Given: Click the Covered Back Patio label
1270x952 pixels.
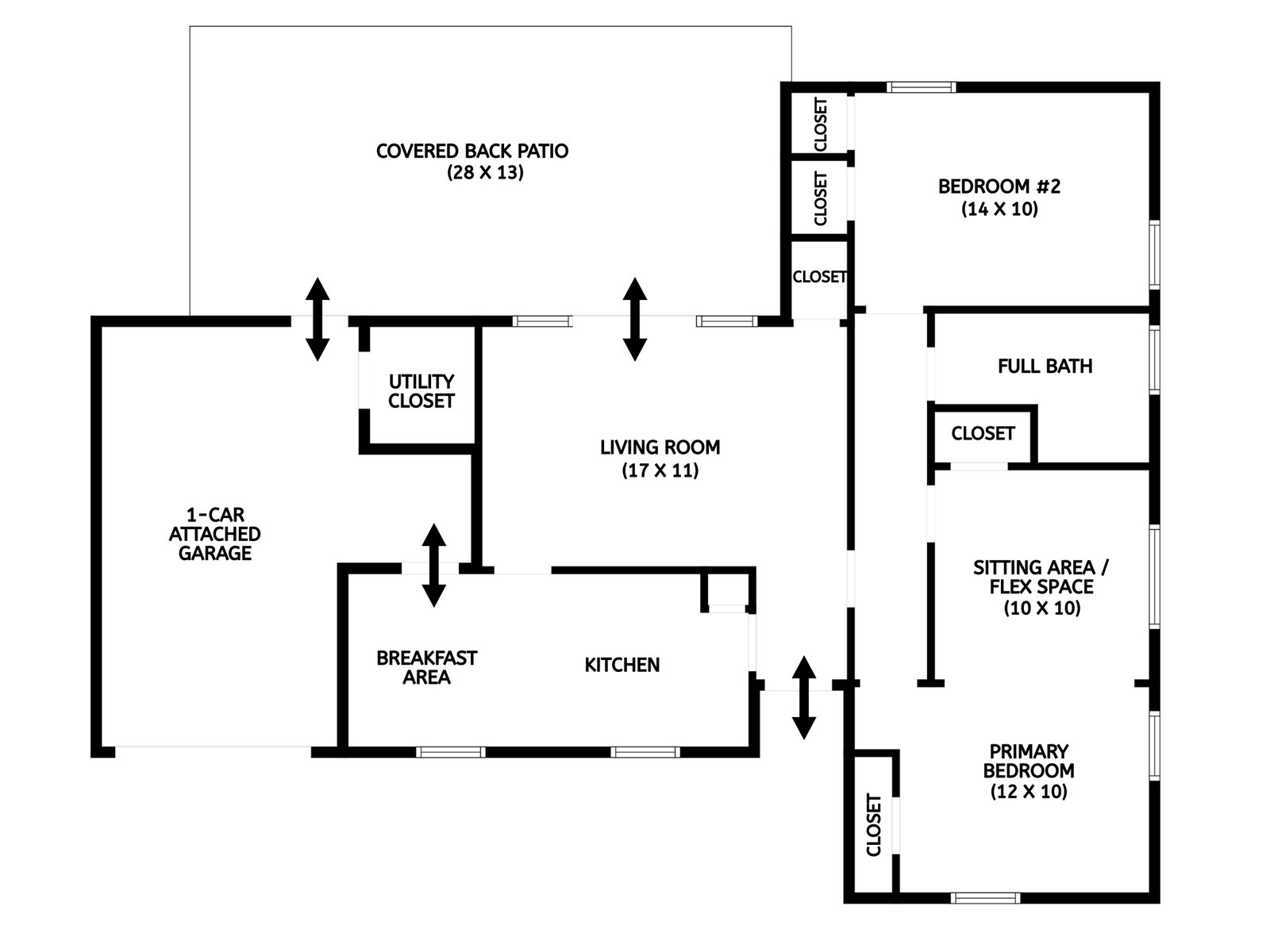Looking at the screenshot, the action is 472,151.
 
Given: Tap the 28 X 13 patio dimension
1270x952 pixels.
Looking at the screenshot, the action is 485,172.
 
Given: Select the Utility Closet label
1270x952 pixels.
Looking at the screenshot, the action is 421,391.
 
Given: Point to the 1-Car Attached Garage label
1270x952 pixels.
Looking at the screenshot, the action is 214,534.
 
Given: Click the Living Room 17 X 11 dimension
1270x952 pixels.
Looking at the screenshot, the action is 660,470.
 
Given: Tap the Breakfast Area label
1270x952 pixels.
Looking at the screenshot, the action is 426,667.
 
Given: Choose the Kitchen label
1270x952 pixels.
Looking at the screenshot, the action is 622,665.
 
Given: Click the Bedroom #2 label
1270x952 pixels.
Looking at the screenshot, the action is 999,186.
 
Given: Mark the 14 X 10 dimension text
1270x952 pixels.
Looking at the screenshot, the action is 999,209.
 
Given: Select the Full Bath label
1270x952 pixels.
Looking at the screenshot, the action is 1045,366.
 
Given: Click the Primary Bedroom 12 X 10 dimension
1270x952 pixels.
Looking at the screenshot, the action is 1029,792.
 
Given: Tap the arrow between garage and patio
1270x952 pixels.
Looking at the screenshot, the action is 317,319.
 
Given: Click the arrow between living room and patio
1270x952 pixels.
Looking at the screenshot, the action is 634,319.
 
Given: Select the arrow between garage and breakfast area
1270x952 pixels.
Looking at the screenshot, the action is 433,565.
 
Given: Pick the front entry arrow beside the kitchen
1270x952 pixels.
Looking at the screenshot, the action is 804,697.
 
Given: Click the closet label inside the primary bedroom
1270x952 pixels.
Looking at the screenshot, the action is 874,824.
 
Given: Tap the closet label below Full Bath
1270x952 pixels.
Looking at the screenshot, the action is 983,433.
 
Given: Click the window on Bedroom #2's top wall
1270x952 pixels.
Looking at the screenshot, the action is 921,87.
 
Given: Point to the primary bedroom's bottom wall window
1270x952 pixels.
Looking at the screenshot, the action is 984,898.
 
